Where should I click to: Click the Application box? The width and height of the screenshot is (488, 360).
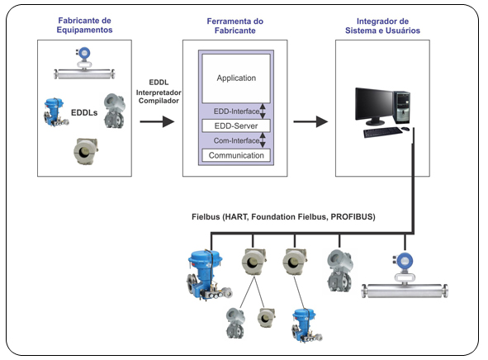[236, 78]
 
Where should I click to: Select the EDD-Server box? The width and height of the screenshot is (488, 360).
[236, 126]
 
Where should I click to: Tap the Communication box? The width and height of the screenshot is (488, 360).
[236, 155]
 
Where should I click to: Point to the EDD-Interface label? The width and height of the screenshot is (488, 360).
[236, 111]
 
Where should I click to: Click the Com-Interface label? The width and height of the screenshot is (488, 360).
[236, 140]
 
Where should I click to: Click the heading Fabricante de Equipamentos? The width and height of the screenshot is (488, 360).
[84, 26]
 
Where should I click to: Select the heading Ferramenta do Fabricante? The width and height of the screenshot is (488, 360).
[235, 26]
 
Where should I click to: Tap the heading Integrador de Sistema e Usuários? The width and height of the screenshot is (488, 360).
[382, 26]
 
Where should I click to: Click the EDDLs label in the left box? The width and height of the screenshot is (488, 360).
[84, 112]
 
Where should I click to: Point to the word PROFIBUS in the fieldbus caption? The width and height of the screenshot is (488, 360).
[352, 216]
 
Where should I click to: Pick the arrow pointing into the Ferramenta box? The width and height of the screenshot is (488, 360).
[157, 121]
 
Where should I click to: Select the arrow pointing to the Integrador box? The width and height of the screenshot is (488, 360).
[310, 121]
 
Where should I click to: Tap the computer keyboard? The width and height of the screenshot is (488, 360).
[382, 132]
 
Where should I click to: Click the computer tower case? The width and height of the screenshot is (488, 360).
[402, 107]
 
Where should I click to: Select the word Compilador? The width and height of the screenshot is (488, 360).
[159, 101]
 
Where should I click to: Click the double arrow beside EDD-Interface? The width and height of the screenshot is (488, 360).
[263, 111]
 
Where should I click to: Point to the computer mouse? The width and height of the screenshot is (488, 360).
[405, 129]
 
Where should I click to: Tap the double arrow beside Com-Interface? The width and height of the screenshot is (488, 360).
[263, 140]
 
